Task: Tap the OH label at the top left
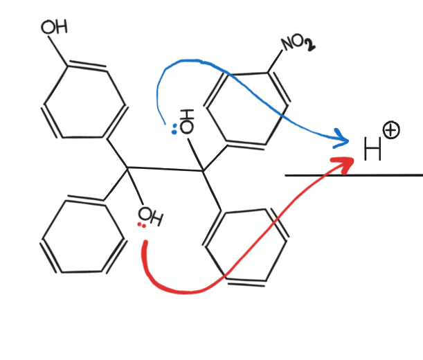pos(54,28)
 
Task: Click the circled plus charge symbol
pos(391,129)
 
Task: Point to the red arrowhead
pos(347,162)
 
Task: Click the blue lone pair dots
pos(174,128)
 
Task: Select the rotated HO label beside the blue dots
pos(186,120)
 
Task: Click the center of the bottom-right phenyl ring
pos(246,245)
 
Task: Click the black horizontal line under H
pos(353,175)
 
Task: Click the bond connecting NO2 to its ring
pos(275,60)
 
